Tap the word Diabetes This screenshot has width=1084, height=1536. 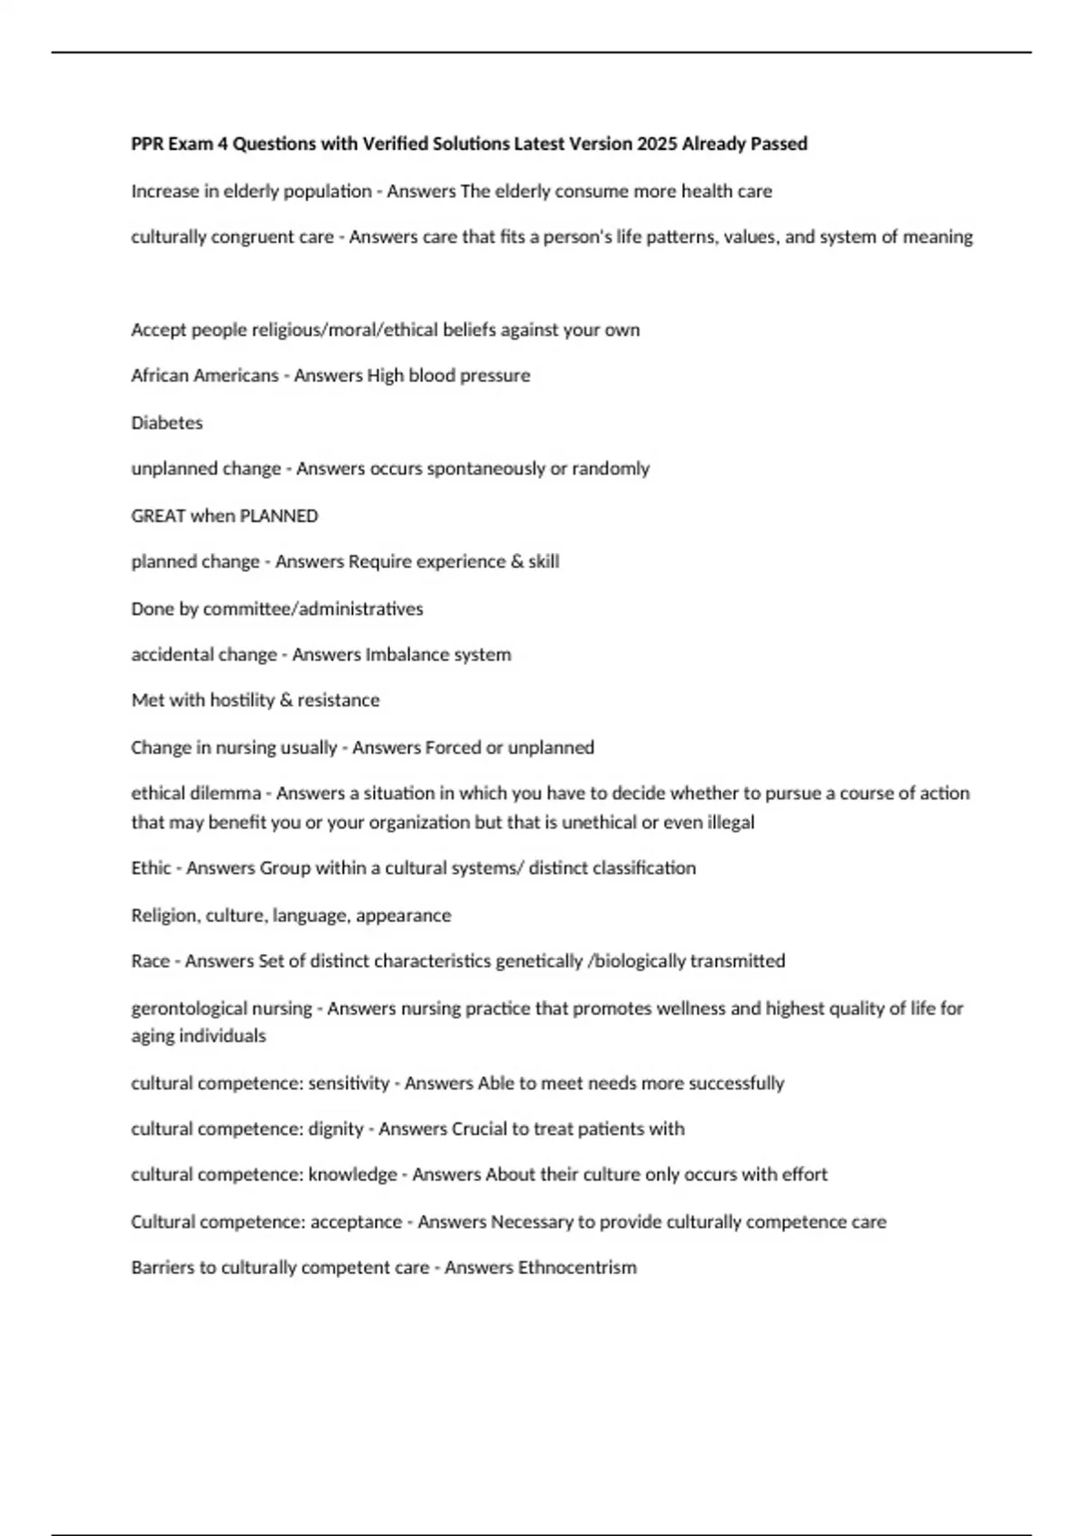pos(167,422)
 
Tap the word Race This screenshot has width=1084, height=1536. pos(150,960)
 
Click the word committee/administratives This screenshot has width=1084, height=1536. pos(313,609)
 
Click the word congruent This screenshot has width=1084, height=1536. pos(258,237)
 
